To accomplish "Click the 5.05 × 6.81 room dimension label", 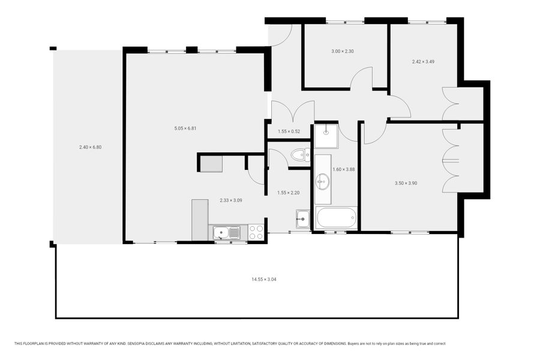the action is [185, 128].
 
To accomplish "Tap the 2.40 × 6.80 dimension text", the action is [90, 147].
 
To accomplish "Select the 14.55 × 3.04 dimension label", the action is [264, 280].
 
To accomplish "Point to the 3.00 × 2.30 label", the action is [343, 52].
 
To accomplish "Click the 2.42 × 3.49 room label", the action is [423, 62].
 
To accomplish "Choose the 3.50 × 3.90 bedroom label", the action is [406, 183].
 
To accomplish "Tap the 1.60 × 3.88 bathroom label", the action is [343, 169].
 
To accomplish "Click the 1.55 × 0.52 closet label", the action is [289, 131].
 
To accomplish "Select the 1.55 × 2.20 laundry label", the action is [288, 193].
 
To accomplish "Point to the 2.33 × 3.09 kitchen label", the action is [231, 200].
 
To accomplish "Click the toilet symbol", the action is [301, 155].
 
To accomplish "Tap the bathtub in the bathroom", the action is [337, 217].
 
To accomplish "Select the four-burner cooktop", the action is [256, 232].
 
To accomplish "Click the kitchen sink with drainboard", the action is [227, 233].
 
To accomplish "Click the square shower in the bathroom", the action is [326, 136].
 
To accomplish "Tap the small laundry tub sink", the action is [303, 219].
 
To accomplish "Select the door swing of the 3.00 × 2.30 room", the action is [362, 78].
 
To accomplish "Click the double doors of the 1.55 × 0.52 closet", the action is [293, 111].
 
